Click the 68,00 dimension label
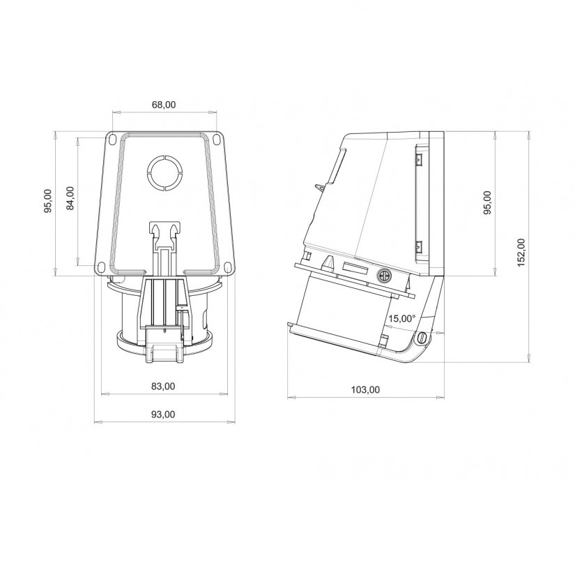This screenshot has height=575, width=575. point(164,105)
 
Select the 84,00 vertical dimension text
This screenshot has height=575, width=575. point(70,198)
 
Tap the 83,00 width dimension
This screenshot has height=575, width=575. point(163,386)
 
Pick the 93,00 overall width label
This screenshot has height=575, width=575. point(163,415)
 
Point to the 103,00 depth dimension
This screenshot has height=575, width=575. point(366,389)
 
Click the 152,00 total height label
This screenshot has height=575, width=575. point(521,252)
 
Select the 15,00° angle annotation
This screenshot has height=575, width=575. point(402,318)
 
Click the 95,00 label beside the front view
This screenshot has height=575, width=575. point(47,201)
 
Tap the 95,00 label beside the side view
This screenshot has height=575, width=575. point(487,202)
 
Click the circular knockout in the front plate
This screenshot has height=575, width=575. point(164,173)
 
